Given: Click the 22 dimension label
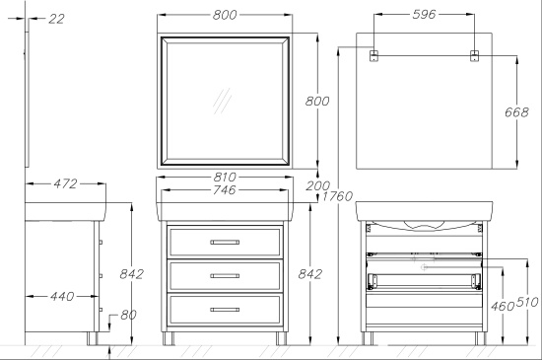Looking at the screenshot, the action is tap(56, 19).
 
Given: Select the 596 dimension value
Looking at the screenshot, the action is tap(424, 14).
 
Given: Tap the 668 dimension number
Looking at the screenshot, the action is tap(516, 112).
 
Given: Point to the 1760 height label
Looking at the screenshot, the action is tap(338, 196).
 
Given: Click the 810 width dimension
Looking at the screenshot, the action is tap(225, 178).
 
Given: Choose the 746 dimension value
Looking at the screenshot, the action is tap(225, 189).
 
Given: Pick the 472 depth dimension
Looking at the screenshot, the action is tap(65, 183).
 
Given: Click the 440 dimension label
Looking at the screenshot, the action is tap(62, 296).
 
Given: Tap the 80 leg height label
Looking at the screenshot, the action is tap(128, 315).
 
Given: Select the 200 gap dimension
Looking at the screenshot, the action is tap(317, 186).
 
